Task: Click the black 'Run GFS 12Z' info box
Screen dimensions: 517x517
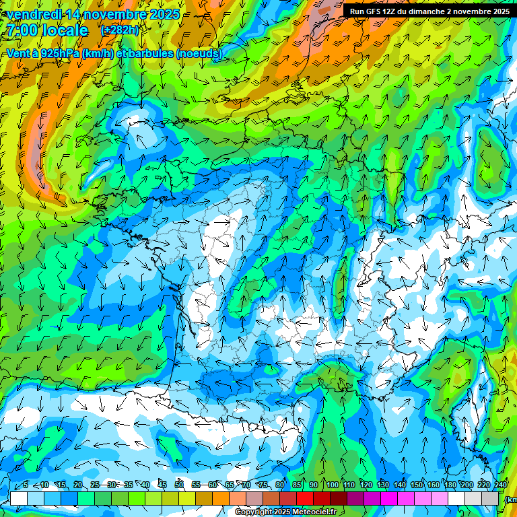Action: pyautogui.click(x=429, y=11)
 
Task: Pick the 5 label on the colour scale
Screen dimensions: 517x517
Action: pyautogui.click(x=26, y=485)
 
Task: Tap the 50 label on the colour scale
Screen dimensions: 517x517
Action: pyautogui.click(x=179, y=485)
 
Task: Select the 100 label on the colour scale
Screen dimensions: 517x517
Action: pyautogui.click(x=333, y=485)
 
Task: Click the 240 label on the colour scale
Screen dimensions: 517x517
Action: pyautogui.click(x=501, y=485)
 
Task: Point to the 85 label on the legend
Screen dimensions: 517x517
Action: pyautogui.click(x=297, y=485)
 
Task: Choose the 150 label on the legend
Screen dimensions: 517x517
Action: pyautogui.click(x=417, y=485)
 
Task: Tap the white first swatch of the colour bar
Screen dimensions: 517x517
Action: pyautogui.click(x=19, y=498)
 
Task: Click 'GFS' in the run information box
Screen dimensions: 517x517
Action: pyautogui.click(x=376, y=11)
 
